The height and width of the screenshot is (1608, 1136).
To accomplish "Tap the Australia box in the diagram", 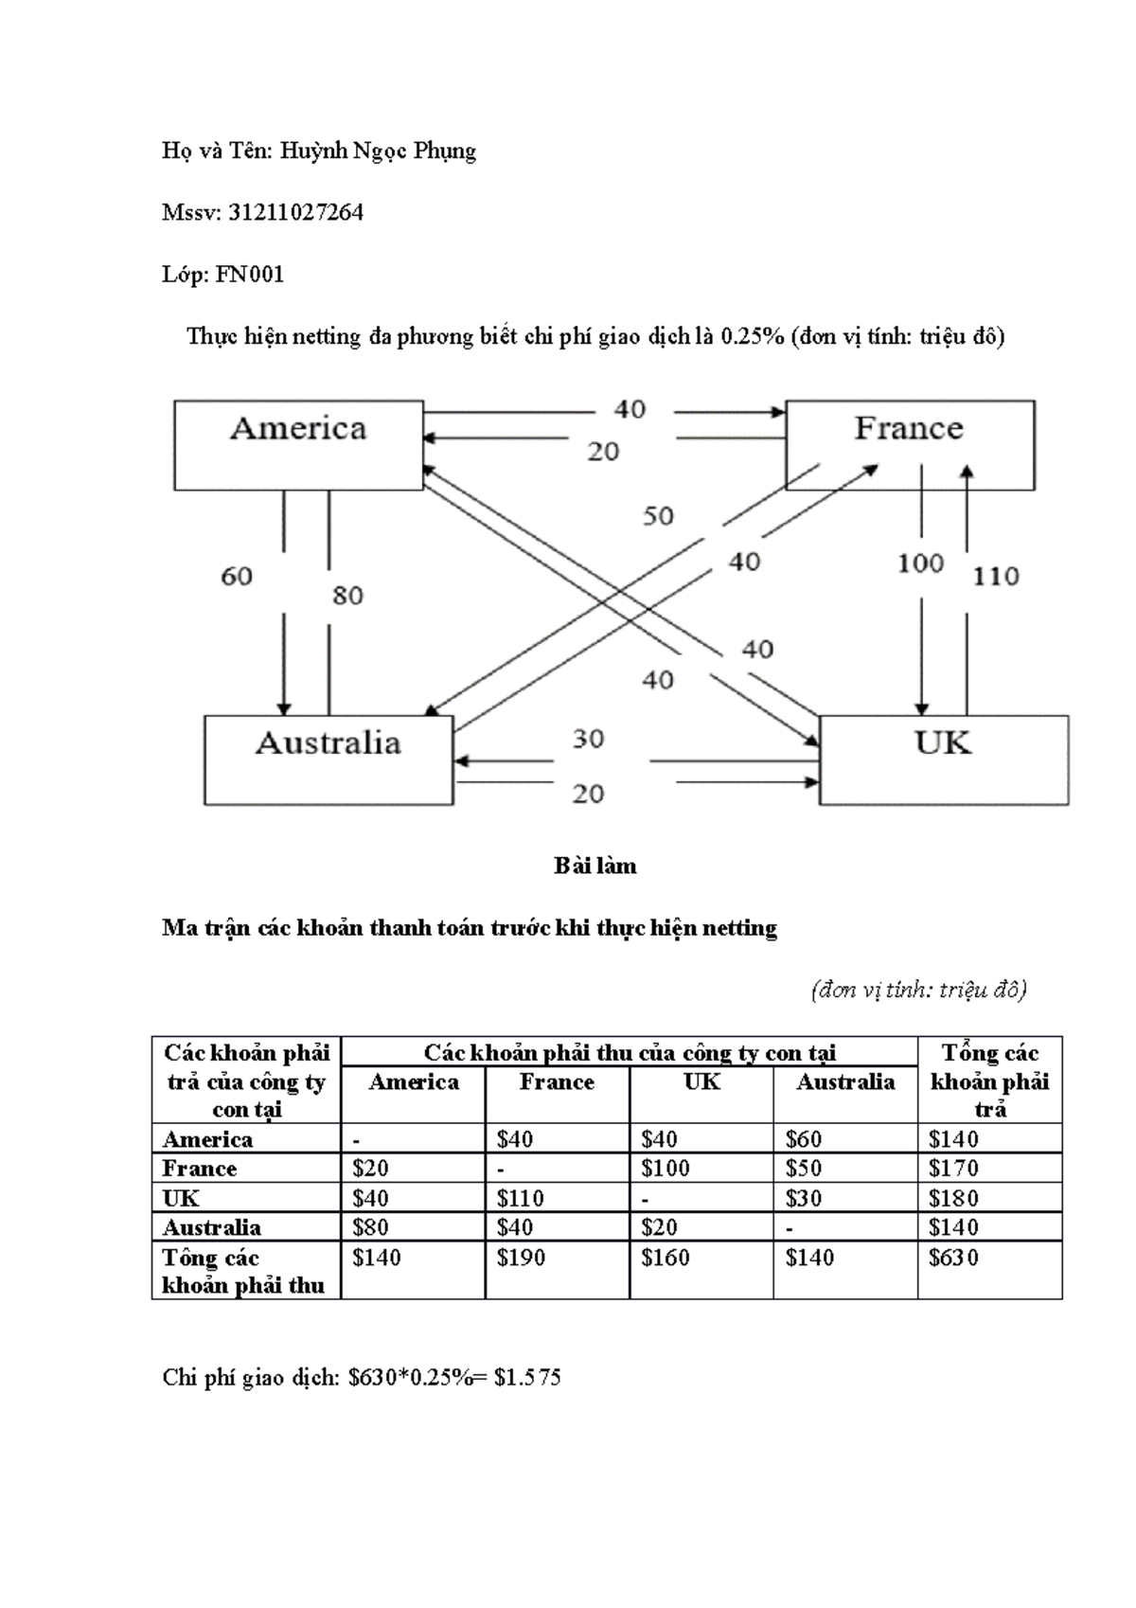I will tap(328, 759).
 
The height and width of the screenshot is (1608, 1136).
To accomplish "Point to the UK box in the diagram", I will tap(943, 759).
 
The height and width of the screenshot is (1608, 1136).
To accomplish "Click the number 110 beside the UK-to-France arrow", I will tap(996, 576).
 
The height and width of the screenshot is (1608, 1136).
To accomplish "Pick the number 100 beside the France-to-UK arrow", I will tap(920, 563).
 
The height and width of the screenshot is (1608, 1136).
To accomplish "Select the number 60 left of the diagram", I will tap(237, 576).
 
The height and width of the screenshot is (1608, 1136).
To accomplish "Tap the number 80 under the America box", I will tap(347, 595).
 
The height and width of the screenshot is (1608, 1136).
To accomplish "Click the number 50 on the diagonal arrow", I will tap(658, 516).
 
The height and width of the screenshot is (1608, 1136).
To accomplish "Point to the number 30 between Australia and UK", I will tap(588, 739).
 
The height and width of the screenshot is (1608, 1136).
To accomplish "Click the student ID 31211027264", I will tap(295, 213).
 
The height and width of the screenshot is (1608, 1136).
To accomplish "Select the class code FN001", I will tap(250, 275).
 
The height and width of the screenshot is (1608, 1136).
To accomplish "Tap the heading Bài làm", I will tap(595, 866).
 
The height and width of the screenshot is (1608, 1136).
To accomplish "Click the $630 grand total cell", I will tap(953, 1258).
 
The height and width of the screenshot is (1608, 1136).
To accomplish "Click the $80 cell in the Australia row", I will tap(370, 1227).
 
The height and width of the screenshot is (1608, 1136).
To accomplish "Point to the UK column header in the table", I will tap(701, 1081).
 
